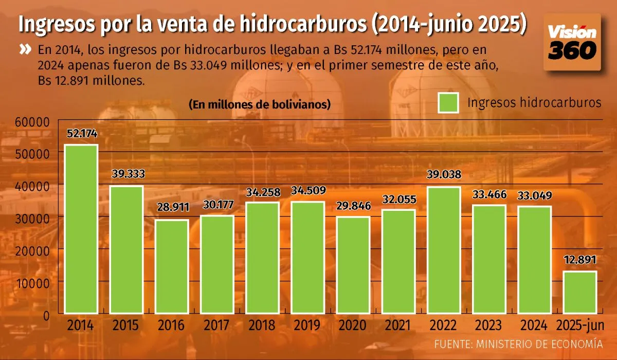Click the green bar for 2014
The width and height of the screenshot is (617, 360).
pyautogui.click(x=81, y=229)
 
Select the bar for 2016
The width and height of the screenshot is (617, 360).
pyautogui.click(x=172, y=266)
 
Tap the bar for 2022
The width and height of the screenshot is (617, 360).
pyautogui.click(x=443, y=250)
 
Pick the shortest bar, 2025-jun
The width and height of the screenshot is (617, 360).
pyautogui.click(x=580, y=292)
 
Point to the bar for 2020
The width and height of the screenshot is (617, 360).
pyautogui.click(x=353, y=265)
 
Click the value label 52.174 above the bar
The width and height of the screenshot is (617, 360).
pyautogui.click(x=82, y=134)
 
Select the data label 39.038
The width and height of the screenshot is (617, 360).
pyautogui.click(x=444, y=174)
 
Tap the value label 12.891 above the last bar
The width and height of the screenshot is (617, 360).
pyautogui.click(x=580, y=259)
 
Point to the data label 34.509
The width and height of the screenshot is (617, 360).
pyautogui.click(x=307, y=192)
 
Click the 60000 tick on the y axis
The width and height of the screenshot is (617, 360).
pyautogui.click(x=32, y=122)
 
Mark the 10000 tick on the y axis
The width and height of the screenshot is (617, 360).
pyautogui.click(x=32, y=282)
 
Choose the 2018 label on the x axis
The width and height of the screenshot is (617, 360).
pyautogui.click(x=262, y=326)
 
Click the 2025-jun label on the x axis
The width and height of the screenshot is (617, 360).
pyautogui.click(x=580, y=326)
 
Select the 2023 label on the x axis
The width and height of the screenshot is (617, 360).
pyautogui.click(x=488, y=326)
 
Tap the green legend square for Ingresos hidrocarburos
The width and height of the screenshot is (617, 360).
pyautogui.click(x=448, y=102)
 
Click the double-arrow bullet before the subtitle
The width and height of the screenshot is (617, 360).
pyautogui.click(x=25, y=50)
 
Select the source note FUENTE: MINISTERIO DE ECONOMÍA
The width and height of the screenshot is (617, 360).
pyautogui.click(x=518, y=344)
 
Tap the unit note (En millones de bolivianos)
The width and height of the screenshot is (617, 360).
pyautogui.click(x=260, y=104)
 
